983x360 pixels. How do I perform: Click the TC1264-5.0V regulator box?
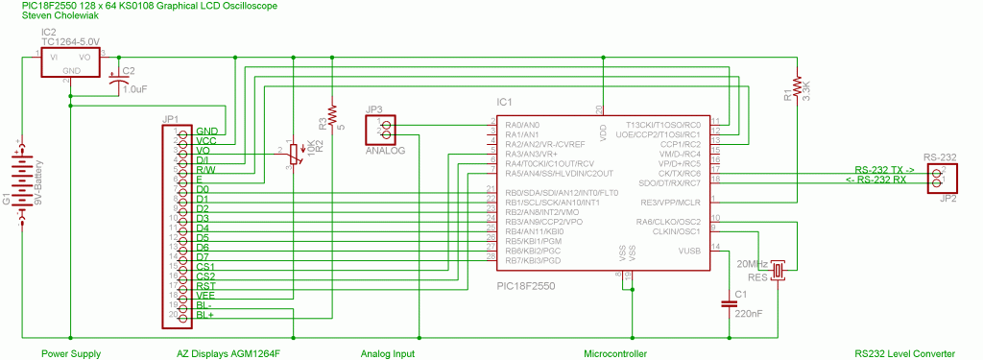pyautogui.click(x=70, y=62)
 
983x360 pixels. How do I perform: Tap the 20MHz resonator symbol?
pyautogui.click(x=779, y=272)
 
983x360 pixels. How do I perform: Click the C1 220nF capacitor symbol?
pyautogui.click(x=729, y=305)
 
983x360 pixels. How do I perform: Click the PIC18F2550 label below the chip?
pyautogui.click(x=525, y=286)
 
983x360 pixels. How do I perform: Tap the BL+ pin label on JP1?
pyautogui.click(x=205, y=315)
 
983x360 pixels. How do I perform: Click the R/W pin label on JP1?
pyautogui.click(x=205, y=169)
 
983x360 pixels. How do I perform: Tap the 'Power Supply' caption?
pyautogui.click(x=71, y=354)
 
